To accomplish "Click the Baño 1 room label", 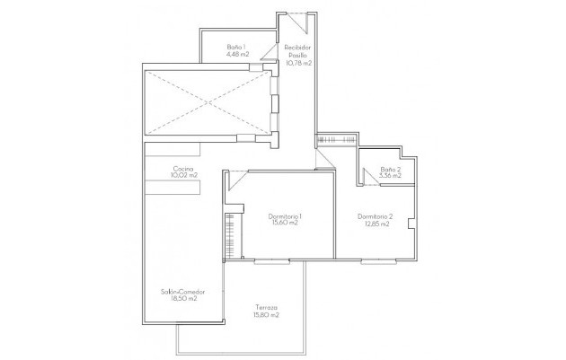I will (x=236, y=46).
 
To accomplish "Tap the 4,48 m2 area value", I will (x=236, y=54).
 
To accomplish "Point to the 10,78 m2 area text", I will (x=297, y=63).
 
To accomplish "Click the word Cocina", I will (x=184, y=168).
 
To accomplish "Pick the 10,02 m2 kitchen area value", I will (x=184, y=176).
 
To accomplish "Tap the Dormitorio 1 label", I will (x=284, y=215).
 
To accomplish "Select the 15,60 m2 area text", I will (x=284, y=224).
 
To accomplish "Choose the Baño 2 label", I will (x=390, y=169).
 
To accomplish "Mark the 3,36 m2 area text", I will (x=390, y=176).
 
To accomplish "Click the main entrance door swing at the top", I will (x=296, y=20).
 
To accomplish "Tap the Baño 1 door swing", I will (x=257, y=63).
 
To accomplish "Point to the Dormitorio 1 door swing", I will (x=234, y=180).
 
